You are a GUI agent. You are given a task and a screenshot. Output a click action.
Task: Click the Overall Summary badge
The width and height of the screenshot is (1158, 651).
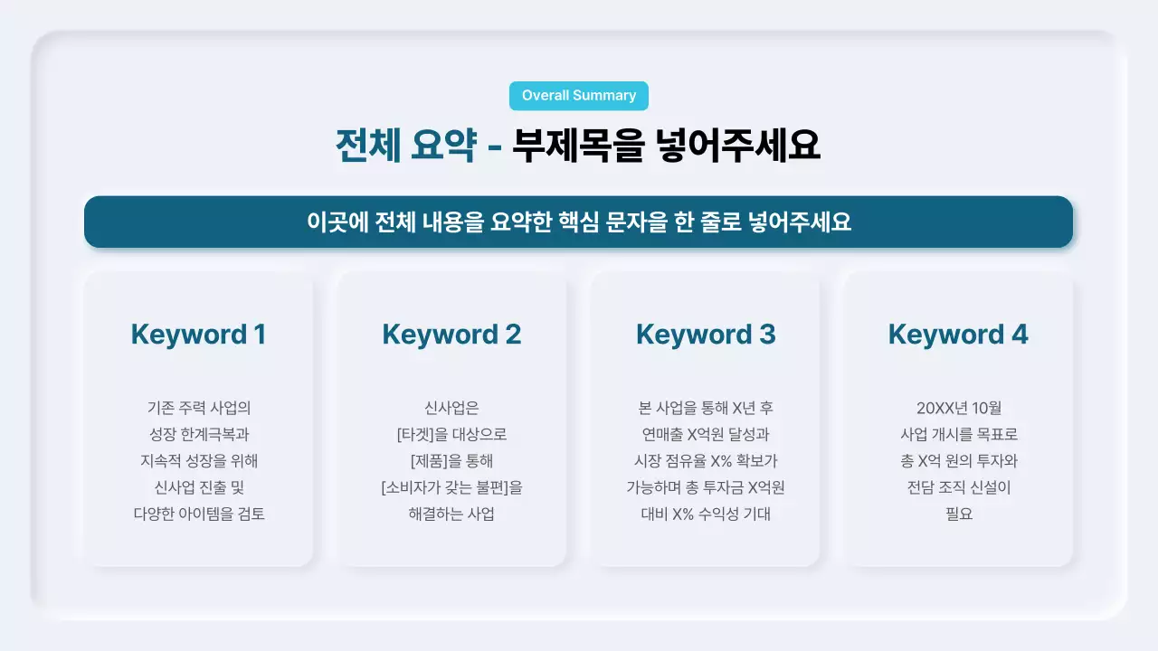point(579,96)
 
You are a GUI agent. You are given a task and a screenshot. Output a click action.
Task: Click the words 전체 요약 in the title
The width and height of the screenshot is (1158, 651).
point(405,146)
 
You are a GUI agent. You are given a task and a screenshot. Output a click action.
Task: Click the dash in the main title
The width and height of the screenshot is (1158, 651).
point(494,146)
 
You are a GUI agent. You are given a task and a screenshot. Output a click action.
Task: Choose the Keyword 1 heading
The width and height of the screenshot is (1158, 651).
point(198,335)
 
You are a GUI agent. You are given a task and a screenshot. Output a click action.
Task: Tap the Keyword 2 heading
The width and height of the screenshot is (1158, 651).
point(451,335)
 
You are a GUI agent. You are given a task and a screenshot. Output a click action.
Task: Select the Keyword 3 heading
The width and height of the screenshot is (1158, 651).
point(706,335)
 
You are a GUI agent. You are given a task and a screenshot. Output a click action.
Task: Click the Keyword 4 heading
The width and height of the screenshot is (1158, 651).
point(958,335)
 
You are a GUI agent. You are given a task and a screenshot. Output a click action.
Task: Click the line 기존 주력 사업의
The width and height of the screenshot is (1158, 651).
point(198,408)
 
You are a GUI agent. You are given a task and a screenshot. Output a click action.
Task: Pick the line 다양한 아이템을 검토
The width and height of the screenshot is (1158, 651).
point(198,514)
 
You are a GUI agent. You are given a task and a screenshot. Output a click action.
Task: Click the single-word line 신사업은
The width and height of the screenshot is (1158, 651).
point(451,408)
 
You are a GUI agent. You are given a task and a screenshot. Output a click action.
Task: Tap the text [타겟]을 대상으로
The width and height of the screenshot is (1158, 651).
point(451,434)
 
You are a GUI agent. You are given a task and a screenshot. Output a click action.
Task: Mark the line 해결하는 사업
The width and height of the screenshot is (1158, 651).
point(451,514)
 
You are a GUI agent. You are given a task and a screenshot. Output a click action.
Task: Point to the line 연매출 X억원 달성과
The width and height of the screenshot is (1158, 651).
point(706,434)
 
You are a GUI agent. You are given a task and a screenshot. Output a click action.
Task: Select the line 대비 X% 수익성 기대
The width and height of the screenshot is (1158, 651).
point(706,514)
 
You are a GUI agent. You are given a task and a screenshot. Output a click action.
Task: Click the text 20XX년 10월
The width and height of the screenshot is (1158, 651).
point(958,408)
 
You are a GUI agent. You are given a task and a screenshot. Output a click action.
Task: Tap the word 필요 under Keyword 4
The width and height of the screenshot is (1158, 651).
point(958,514)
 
